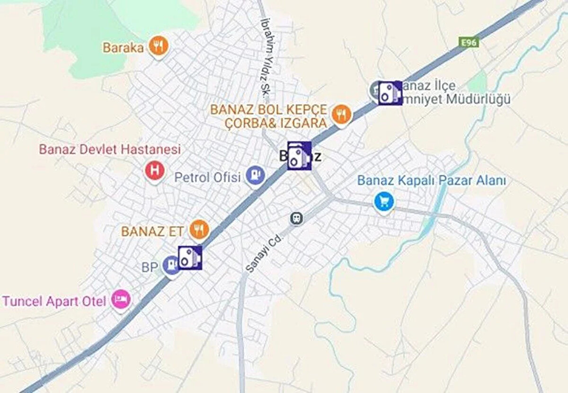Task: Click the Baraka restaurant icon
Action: click(158, 46)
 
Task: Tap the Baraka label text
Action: click(123, 47)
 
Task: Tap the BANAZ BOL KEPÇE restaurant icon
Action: click(340, 114)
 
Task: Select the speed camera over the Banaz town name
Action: click(299, 155)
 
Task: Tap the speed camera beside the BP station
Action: click(190, 258)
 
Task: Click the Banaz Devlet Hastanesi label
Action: click(110, 150)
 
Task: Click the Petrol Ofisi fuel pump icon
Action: click(256, 177)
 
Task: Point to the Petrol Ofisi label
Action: click(208, 178)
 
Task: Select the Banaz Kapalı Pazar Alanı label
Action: click(432, 180)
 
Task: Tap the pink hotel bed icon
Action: click(120, 299)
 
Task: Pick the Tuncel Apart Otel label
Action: click(54, 301)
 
